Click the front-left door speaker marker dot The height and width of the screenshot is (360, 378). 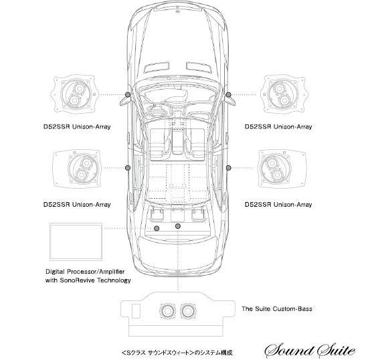click(128, 94)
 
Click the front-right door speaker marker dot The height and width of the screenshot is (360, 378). click(228, 94)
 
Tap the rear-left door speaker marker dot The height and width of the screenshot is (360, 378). click(128, 167)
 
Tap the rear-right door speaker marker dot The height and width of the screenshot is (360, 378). click(229, 167)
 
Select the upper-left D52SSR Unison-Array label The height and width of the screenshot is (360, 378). click(77, 126)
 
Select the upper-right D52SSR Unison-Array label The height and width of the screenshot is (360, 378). click(278, 126)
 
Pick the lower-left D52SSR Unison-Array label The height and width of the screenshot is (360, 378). click(77, 205)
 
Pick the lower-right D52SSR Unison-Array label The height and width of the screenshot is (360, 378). click(278, 205)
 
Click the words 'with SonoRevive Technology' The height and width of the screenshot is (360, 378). click(88, 280)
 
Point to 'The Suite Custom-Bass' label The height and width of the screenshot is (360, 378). click(277, 309)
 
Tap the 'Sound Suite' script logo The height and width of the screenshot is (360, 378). click(310, 351)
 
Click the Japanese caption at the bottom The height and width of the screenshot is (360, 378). click(177, 353)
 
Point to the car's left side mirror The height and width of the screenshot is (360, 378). click(125, 100)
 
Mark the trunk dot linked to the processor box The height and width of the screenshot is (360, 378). click(157, 228)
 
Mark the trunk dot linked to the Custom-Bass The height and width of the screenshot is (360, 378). click(178, 226)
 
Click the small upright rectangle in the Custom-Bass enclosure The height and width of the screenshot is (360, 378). click(136, 310)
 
